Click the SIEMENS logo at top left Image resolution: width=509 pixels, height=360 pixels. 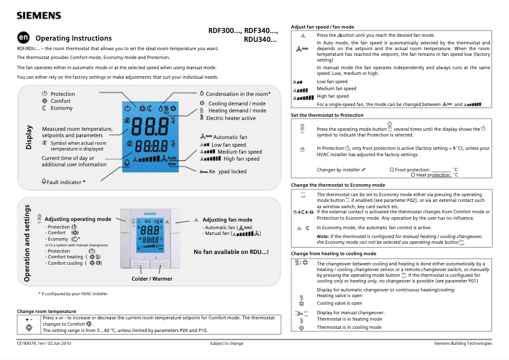pyautogui.click(x=39, y=15)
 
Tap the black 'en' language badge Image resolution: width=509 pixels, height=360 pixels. pyautogui.click(x=23, y=38)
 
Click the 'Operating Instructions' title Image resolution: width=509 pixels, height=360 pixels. pyautogui.click(x=74, y=38)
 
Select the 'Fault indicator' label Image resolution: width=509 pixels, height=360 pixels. pyautogui.click(x=65, y=182)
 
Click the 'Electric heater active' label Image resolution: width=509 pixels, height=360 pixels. pyautogui.click(x=230, y=118)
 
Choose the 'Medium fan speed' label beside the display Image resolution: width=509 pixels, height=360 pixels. pyautogui.click(x=239, y=152)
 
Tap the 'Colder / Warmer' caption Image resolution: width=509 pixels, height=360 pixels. pyautogui.click(x=152, y=279)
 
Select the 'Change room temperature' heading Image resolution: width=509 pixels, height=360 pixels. pyautogui.click(x=46, y=311)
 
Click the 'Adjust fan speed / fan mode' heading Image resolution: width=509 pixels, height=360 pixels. pyautogui.click(x=322, y=27)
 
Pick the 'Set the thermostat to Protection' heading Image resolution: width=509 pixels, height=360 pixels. pyautogui.click(x=327, y=116)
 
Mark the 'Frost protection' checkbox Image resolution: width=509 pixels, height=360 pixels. pyautogui.click(x=392, y=170)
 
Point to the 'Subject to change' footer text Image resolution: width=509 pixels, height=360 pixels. pyautogui.click(x=227, y=343)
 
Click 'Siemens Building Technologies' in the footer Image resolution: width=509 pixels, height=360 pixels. pyautogui.click(x=463, y=343)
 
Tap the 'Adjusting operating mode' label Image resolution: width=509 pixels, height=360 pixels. pyautogui.click(x=77, y=219)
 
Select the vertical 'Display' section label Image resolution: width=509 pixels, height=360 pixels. pyautogui.click(x=29, y=137)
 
